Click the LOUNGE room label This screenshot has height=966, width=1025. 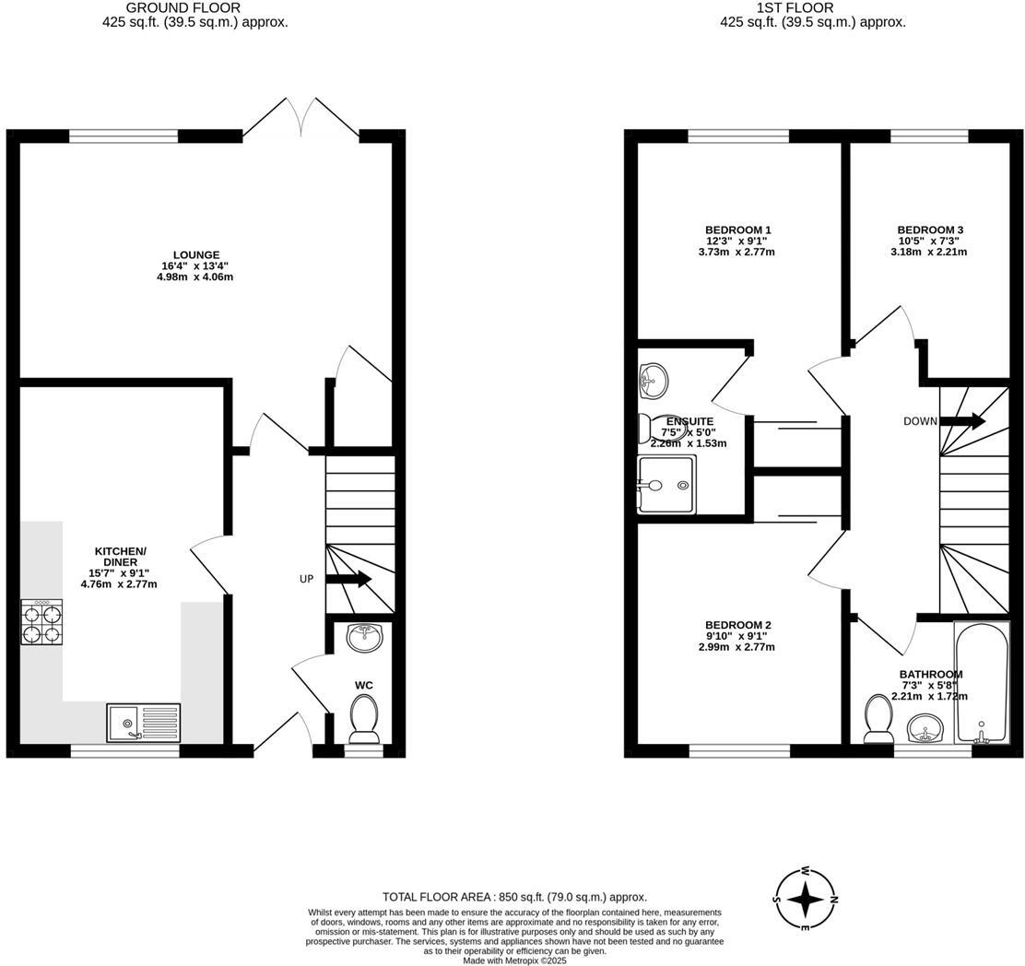tap(196, 255)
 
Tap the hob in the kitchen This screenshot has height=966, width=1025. tap(42, 622)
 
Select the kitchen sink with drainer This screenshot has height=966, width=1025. tap(144, 722)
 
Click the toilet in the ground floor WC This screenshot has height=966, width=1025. tap(364, 718)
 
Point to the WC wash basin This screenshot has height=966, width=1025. tap(365, 636)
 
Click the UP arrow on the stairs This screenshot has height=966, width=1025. tap(348, 580)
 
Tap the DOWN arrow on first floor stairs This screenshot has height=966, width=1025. tap(962, 421)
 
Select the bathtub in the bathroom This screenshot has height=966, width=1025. tap(982, 683)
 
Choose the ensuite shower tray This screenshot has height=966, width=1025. tap(667, 485)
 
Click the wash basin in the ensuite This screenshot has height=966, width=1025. tap(654, 377)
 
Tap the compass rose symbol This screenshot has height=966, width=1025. tap(805, 899)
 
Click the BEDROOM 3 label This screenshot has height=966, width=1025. tap(930, 230)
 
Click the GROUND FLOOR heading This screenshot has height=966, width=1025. tap(195, 8)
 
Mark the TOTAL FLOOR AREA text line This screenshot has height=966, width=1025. tap(514, 897)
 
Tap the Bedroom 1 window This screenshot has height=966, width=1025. tap(738, 136)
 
